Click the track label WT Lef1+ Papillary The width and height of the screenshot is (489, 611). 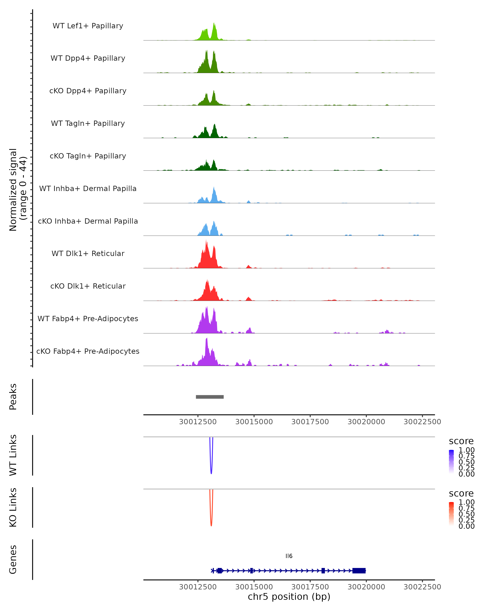[x=88, y=26]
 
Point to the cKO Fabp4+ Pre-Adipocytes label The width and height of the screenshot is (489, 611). [x=88, y=351]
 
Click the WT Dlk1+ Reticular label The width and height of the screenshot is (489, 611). [x=88, y=253]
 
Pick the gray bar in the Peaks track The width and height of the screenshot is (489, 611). [x=210, y=397]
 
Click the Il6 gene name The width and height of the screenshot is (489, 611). [x=289, y=556]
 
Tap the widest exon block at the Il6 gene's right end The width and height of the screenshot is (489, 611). [x=359, y=571]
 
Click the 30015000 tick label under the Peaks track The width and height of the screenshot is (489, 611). [x=254, y=422]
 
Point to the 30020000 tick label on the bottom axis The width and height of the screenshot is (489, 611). [x=366, y=587]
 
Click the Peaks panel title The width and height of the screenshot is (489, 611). [x=13, y=397]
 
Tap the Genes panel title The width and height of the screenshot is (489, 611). [x=13, y=560]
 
